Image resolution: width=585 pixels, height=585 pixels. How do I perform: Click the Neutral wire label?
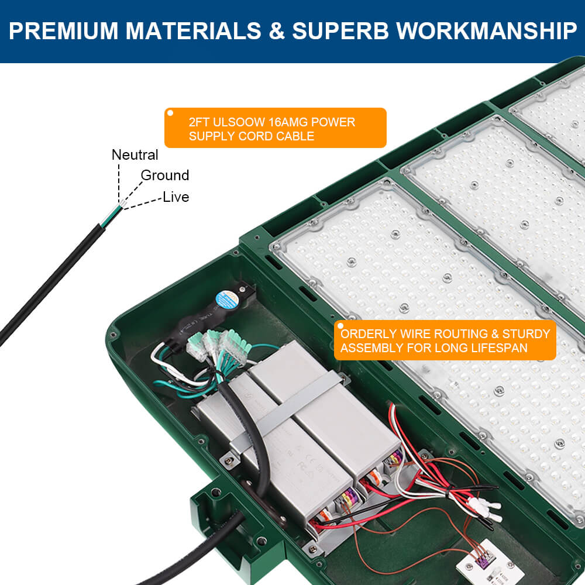135,155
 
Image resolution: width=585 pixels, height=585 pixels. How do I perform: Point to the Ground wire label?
165,175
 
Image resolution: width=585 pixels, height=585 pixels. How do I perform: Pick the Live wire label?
176,197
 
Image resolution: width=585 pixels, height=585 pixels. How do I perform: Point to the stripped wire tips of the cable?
120,206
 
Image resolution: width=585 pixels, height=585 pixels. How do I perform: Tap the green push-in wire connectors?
219,346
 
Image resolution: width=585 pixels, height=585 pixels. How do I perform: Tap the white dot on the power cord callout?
171,113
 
